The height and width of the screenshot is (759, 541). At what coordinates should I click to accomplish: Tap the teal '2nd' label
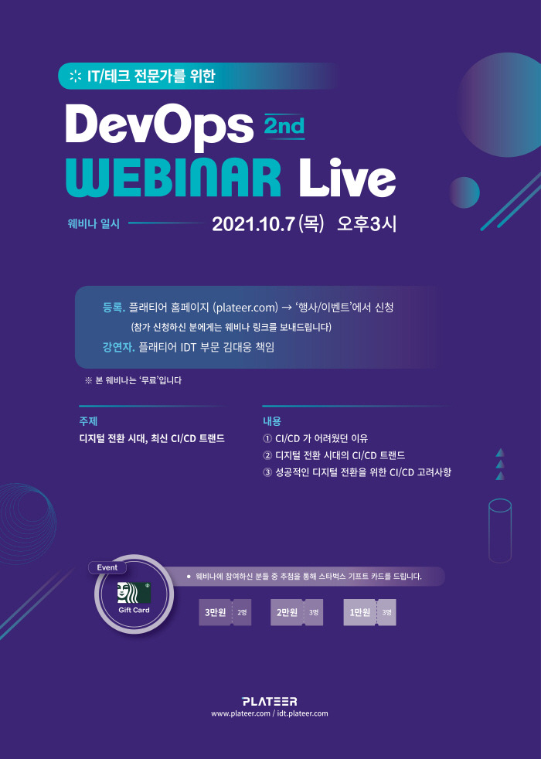pos(284,124)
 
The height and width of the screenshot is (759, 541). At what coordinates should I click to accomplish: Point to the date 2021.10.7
pos(253,224)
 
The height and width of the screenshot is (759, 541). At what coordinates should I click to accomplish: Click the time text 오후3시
pos(366,224)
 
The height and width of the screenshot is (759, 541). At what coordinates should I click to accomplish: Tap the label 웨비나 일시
pos(94,224)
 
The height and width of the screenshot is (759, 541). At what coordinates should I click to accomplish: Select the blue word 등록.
pos(113,308)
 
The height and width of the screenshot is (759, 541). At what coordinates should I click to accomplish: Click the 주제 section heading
pos(88,421)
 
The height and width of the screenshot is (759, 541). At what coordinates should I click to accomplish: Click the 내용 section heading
pos(271,421)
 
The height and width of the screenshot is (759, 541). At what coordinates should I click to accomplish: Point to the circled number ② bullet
pos(268,455)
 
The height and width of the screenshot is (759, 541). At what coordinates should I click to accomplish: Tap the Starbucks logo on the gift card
pos(125,592)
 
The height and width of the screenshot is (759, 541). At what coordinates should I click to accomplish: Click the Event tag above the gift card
pos(107,567)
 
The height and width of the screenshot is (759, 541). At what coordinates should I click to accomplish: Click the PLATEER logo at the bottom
pos(269,701)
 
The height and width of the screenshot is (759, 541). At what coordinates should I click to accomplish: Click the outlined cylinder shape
pos(500,529)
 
